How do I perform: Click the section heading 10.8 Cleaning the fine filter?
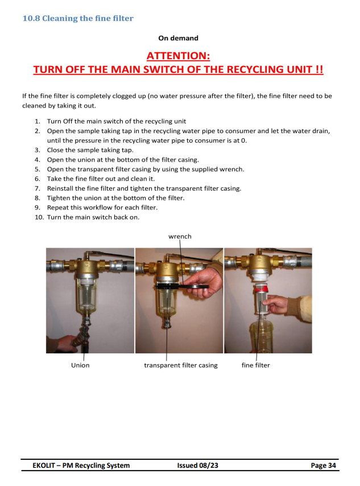[78, 18]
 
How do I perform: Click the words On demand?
[178, 38]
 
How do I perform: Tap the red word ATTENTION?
[178, 56]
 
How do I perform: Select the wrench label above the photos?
[180, 236]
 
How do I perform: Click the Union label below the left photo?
[80, 365]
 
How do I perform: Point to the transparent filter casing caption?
[181, 365]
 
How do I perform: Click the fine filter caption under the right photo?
[255, 365]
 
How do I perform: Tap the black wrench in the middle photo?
[182, 286]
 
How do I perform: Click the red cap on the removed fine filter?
[260, 289]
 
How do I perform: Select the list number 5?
[37, 169]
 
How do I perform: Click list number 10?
[39, 217]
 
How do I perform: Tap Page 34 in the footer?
[324, 466]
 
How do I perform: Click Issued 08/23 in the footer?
[198, 466]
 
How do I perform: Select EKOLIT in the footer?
[44, 466]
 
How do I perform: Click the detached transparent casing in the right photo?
[262, 336]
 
